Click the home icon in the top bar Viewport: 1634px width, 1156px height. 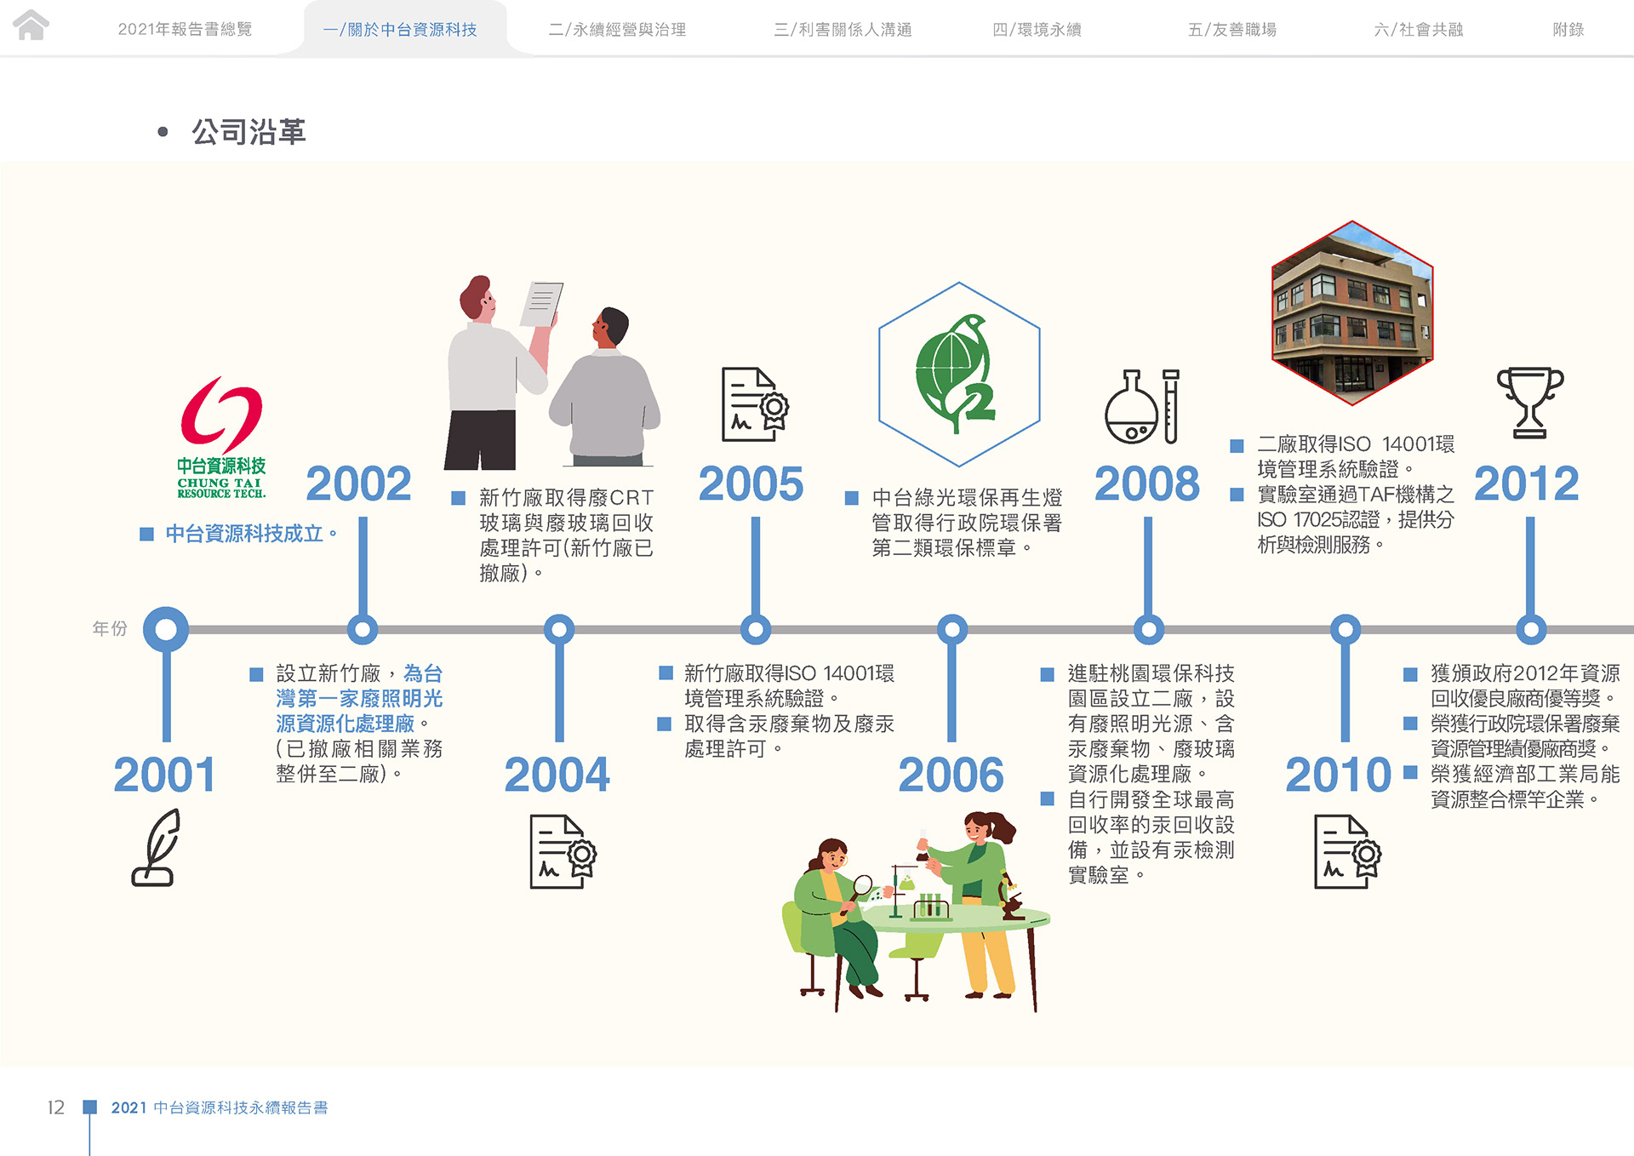(31, 25)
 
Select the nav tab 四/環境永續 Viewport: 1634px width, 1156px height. (1037, 30)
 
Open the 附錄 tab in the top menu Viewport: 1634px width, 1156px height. (1568, 30)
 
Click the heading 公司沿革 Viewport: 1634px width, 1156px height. (249, 132)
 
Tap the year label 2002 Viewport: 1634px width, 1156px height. (358, 484)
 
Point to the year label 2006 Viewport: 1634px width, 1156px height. (951, 775)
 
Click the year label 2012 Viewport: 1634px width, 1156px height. (1526, 484)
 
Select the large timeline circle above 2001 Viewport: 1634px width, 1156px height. (166, 630)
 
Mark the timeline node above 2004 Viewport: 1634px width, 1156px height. (559, 630)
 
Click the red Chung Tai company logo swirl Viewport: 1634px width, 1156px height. (221, 414)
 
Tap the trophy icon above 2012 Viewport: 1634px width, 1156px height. (1529, 402)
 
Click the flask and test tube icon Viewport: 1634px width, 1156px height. (1142, 406)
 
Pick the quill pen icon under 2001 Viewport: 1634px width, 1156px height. (157, 847)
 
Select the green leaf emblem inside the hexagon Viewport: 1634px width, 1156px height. (957, 374)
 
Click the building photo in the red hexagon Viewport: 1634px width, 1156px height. (1352, 312)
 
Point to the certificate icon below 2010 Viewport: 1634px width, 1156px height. (1347, 851)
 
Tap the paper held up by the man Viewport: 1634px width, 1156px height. (542, 304)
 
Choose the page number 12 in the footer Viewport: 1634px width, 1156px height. (56, 1107)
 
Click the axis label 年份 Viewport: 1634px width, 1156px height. (110, 628)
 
